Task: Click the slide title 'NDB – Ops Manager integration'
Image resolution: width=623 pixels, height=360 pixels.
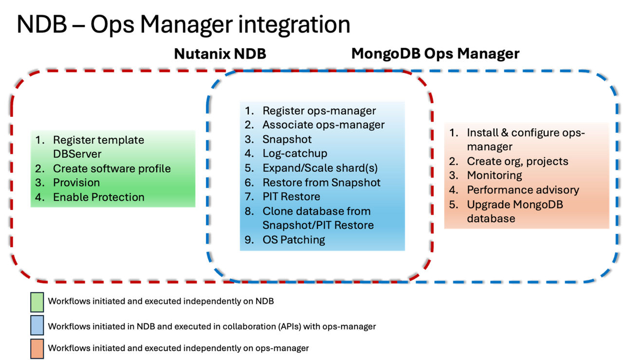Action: tap(183, 24)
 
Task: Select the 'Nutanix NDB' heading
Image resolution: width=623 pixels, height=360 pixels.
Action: tap(220, 54)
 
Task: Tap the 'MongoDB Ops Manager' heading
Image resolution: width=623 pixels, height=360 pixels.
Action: tap(435, 54)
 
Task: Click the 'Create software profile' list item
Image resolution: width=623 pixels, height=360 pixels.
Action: tap(112, 168)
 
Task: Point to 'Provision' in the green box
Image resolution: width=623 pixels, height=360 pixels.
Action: tap(76, 182)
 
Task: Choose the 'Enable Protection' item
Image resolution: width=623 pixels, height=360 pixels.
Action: tap(98, 197)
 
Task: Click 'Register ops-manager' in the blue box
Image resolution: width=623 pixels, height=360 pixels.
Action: tap(319, 111)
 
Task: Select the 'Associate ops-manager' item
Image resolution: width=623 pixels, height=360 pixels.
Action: tap(323, 125)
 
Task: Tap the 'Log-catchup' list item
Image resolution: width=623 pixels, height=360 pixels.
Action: tap(294, 154)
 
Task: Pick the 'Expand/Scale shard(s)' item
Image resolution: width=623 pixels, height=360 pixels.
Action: tap(320, 168)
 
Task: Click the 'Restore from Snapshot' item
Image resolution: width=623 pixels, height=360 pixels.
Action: tap(321, 182)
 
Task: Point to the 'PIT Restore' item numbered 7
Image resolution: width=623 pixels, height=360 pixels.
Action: tap(291, 197)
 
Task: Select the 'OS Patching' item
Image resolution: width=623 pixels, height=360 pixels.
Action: tap(293, 239)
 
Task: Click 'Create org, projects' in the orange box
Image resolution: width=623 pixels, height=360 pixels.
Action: tap(517, 161)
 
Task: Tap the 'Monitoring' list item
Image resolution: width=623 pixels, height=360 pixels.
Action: tap(495, 175)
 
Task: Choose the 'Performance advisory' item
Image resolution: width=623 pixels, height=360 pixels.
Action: tap(523, 190)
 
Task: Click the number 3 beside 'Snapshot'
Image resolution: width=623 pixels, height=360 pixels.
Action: tap(248, 140)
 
